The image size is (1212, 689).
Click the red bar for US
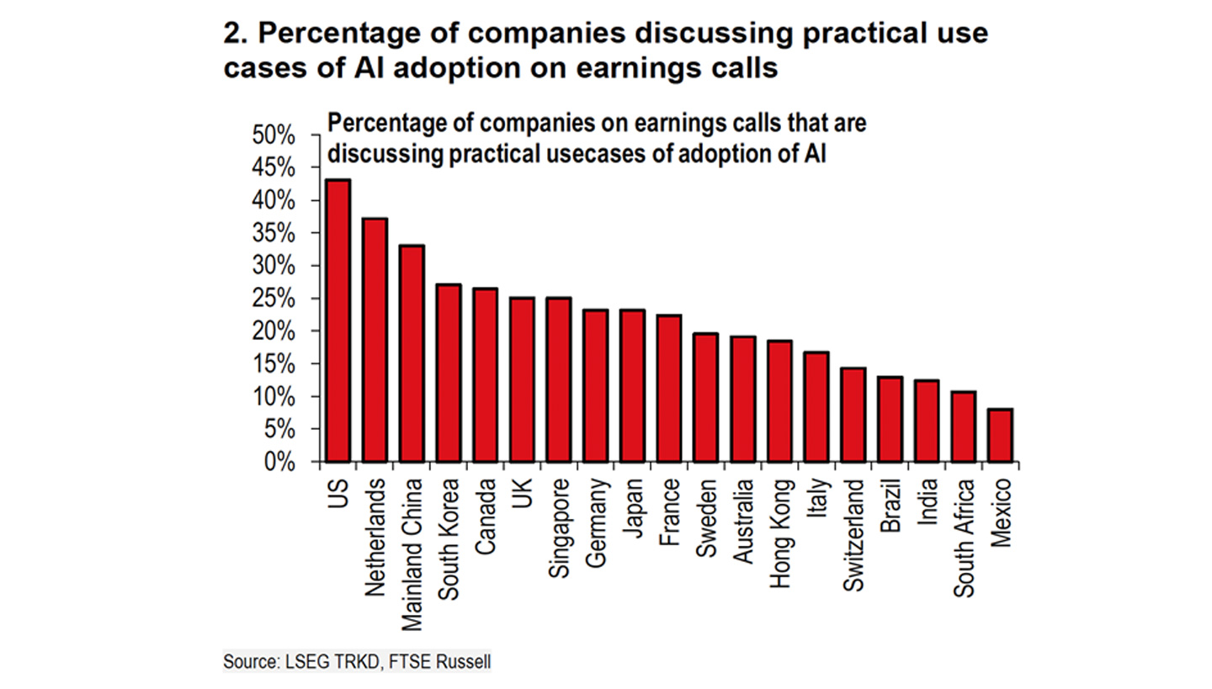pos(338,321)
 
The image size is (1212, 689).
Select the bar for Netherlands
pos(375,340)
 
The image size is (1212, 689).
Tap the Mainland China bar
pos(412,353)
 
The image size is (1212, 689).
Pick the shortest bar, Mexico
pos(1000,435)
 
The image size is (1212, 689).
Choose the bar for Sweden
pos(705,397)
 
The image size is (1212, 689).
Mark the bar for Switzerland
pos(853,415)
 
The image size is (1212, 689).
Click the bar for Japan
pos(632,385)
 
